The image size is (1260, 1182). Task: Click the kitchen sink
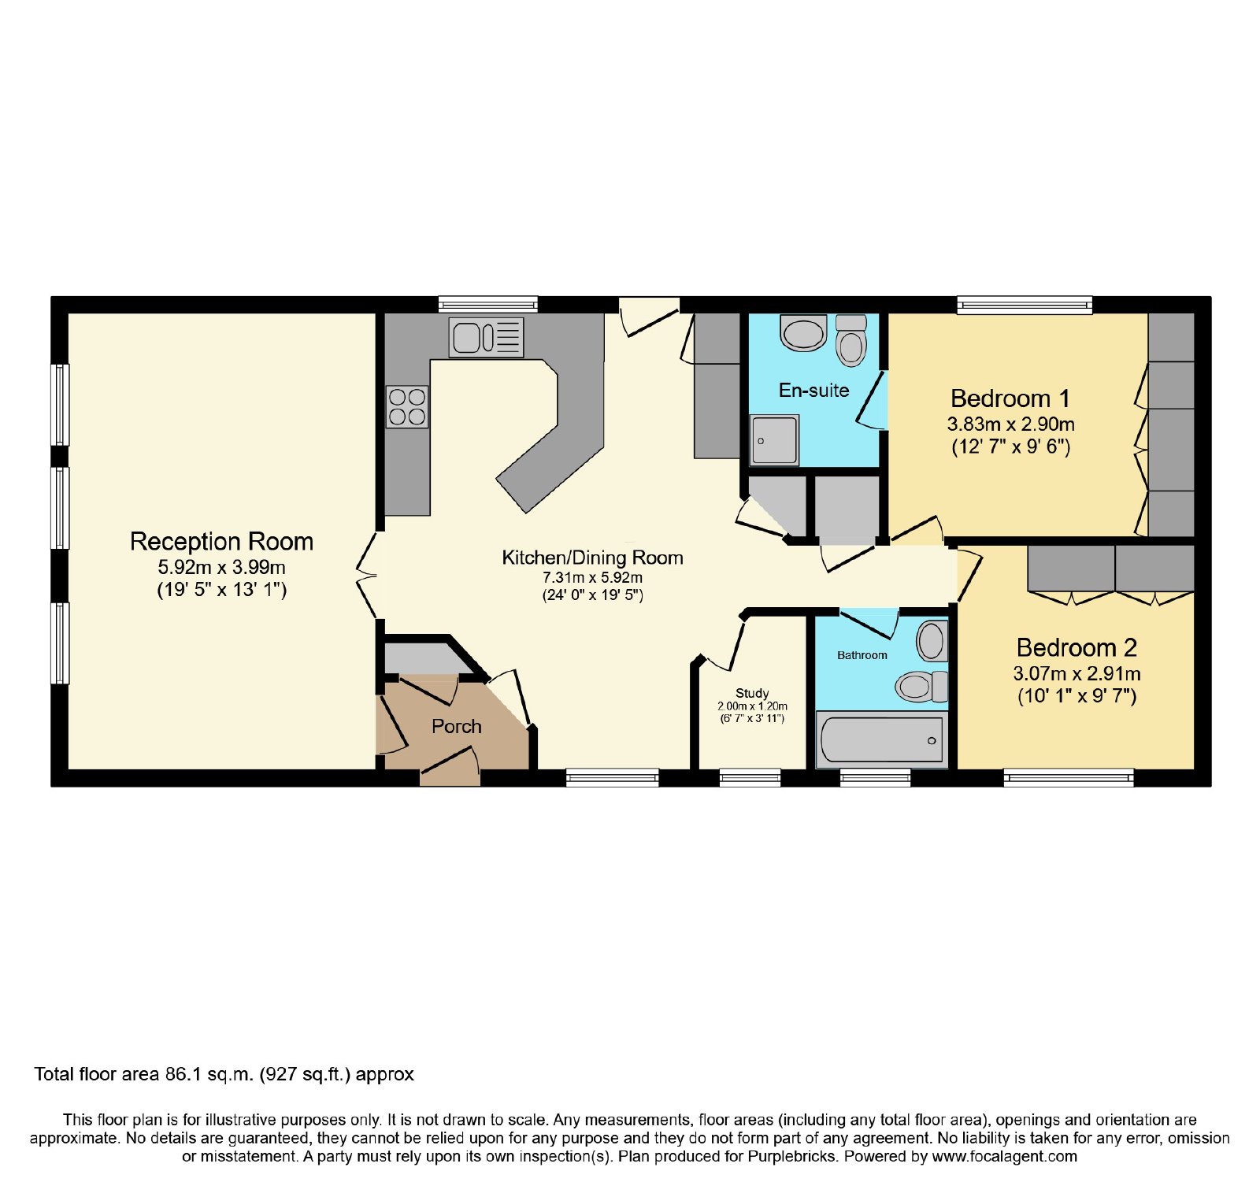(486, 337)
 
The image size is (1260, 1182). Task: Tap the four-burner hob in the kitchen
(407, 407)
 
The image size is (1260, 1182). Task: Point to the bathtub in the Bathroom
(882, 740)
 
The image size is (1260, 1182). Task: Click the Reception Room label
(221, 542)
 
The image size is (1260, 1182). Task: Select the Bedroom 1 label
(1010, 398)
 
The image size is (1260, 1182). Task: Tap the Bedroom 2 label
(1077, 647)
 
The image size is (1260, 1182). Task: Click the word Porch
(457, 726)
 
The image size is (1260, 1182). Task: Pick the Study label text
(752, 693)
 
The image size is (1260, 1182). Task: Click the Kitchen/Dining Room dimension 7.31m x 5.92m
(592, 577)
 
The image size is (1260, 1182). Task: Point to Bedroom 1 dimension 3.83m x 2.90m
(1010, 424)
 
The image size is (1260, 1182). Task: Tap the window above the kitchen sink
(488, 304)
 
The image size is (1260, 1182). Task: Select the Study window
(750, 778)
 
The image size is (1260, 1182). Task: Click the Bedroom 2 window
(1069, 778)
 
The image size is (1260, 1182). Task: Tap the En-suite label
(813, 390)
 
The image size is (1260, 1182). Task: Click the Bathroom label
(862, 655)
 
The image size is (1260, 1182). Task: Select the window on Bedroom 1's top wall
(1025, 304)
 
